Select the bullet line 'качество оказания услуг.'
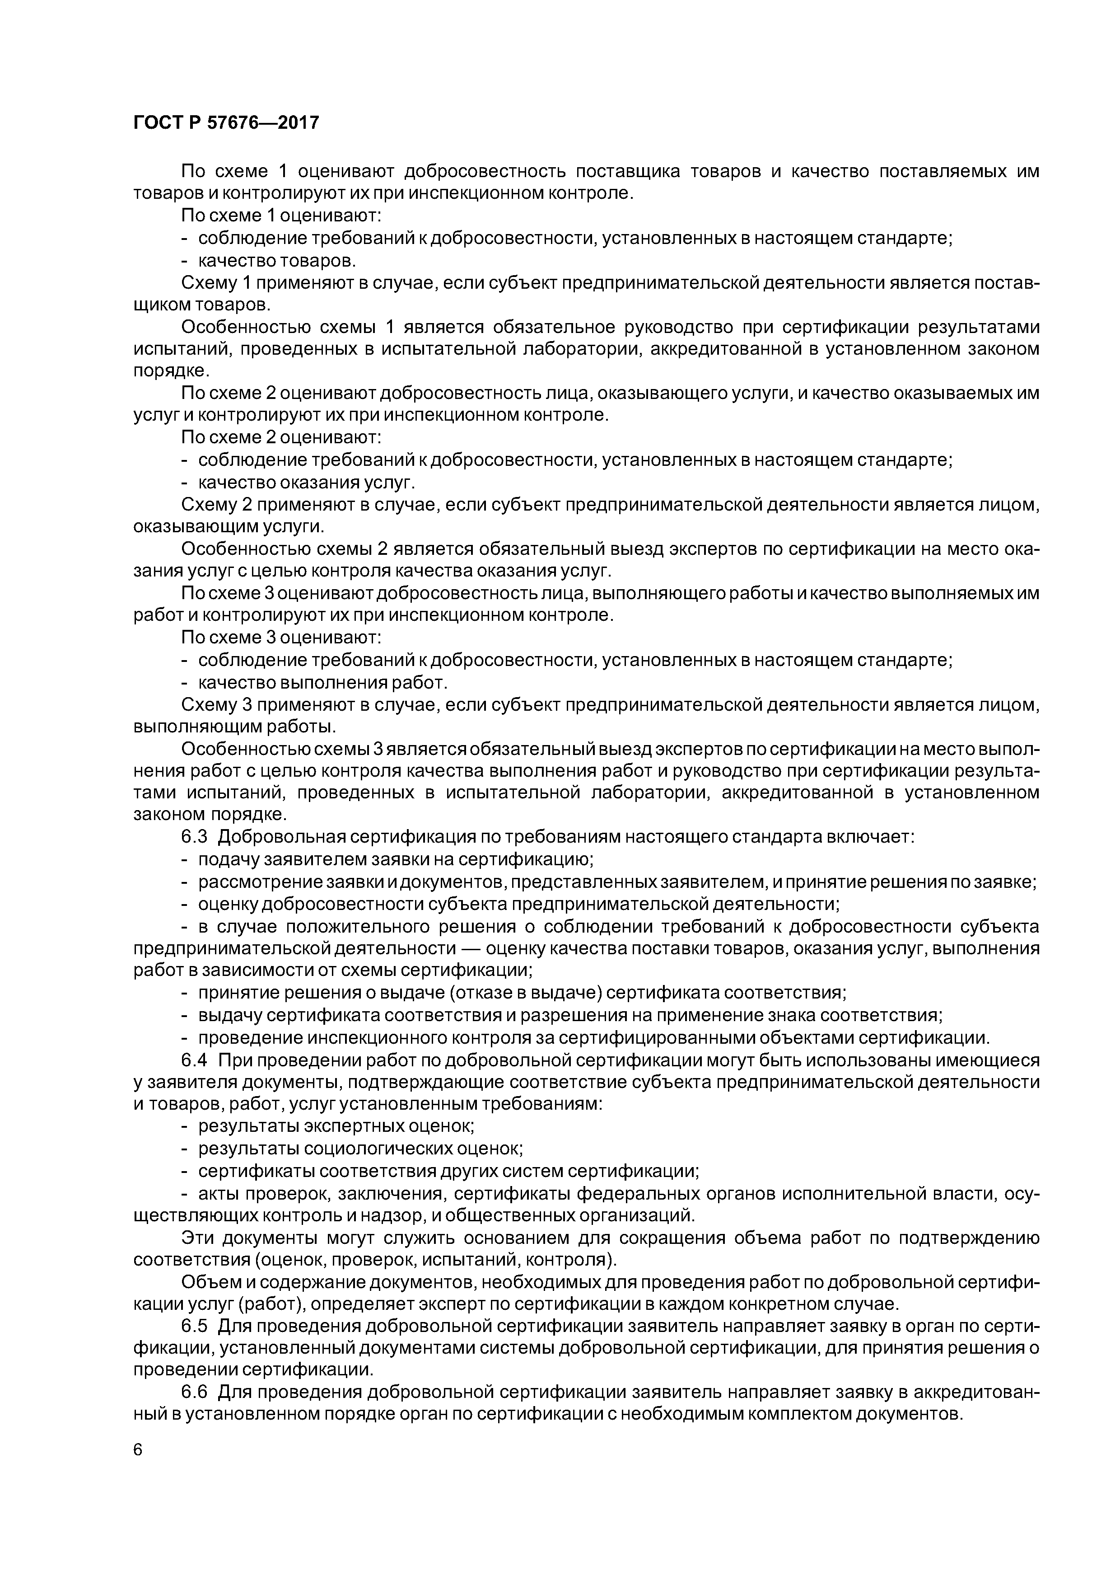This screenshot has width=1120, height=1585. [x=306, y=482]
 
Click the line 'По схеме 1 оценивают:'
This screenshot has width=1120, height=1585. [x=281, y=216]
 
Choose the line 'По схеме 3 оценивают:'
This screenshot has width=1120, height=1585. [x=281, y=638]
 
